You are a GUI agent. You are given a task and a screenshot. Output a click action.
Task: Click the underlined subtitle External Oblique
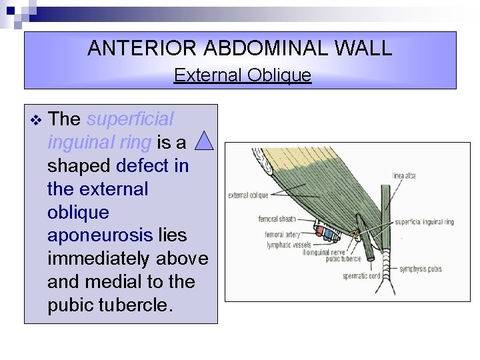point(242,75)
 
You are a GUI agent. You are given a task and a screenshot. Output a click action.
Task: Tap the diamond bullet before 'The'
point(35,120)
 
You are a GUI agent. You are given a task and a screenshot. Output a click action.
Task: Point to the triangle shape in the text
point(205,140)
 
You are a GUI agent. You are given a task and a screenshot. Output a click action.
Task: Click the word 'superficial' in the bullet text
point(130,119)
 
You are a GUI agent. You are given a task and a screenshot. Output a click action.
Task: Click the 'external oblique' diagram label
point(248,195)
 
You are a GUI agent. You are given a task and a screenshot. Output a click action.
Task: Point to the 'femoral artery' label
point(283,235)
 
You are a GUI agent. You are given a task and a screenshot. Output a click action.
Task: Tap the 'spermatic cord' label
point(363,275)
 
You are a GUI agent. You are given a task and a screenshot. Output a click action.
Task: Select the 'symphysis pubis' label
point(421,269)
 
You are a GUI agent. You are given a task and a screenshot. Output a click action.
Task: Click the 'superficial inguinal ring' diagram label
point(424,222)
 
